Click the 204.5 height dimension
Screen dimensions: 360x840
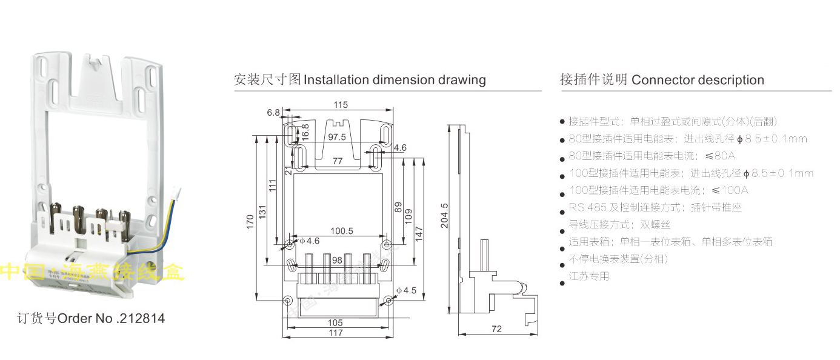444,215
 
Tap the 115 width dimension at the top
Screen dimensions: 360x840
341,105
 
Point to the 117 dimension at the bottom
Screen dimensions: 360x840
335,333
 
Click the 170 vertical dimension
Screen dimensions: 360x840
250,221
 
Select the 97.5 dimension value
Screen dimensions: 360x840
336,137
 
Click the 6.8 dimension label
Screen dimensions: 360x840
273,112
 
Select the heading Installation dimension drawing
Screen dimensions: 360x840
360,79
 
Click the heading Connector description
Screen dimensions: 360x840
662,79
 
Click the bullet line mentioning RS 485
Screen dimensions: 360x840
655,207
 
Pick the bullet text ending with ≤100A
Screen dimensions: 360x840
659,190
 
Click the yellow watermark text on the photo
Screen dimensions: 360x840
91,273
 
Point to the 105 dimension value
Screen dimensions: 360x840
335,323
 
